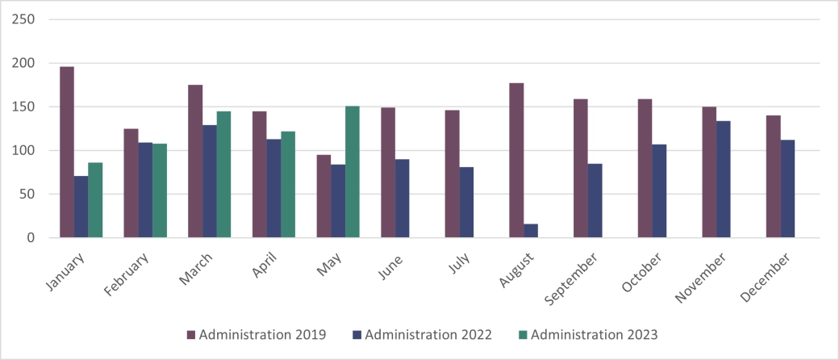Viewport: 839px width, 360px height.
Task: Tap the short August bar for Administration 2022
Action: point(531,231)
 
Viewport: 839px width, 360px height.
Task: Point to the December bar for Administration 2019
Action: point(774,177)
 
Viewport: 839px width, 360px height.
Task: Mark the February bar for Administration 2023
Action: point(160,190)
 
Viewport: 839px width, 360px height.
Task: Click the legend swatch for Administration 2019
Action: point(191,334)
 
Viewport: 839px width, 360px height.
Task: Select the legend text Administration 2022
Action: point(428,334)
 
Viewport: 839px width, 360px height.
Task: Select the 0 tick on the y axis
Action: point(31,238)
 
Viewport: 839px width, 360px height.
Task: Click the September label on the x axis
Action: point(570,279)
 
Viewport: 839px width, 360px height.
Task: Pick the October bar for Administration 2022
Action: point(659,190)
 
